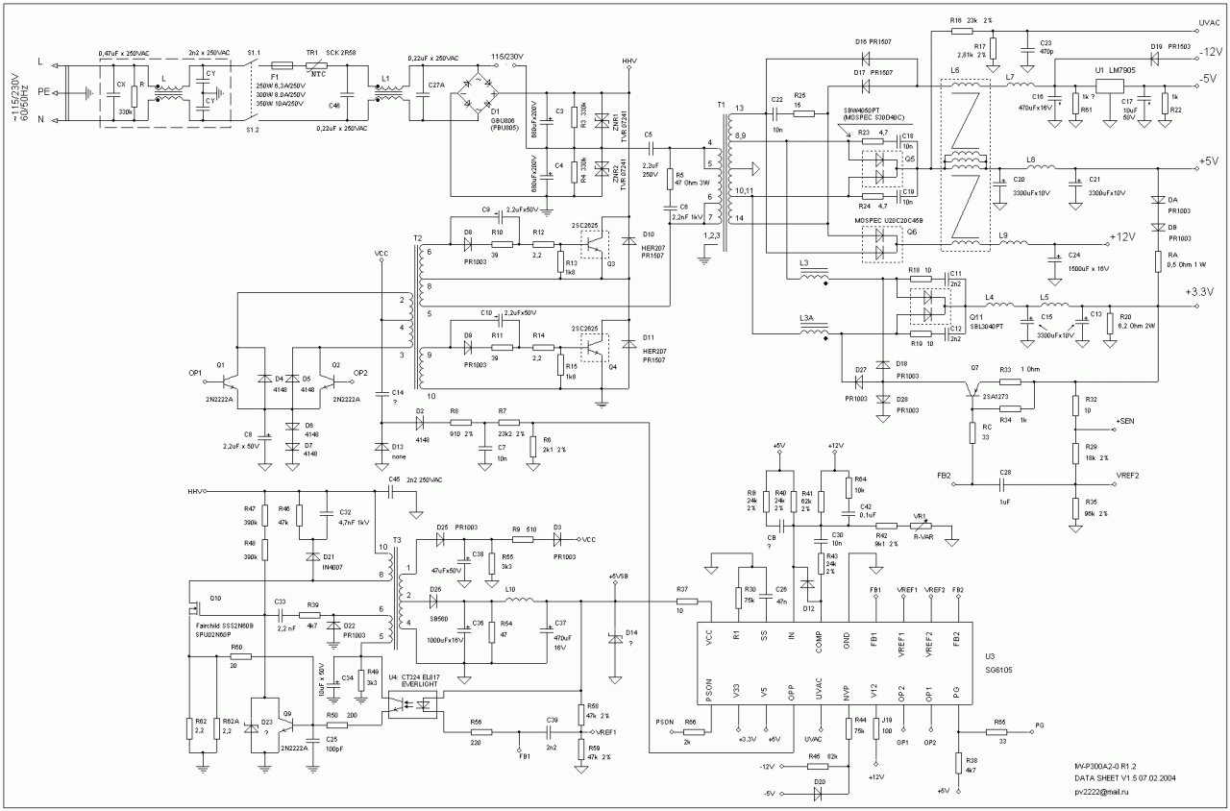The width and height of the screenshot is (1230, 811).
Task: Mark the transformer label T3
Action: (396, 540)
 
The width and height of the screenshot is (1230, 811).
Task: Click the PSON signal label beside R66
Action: (664, 721)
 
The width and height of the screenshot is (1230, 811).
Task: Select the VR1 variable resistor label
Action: (920, 517)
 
